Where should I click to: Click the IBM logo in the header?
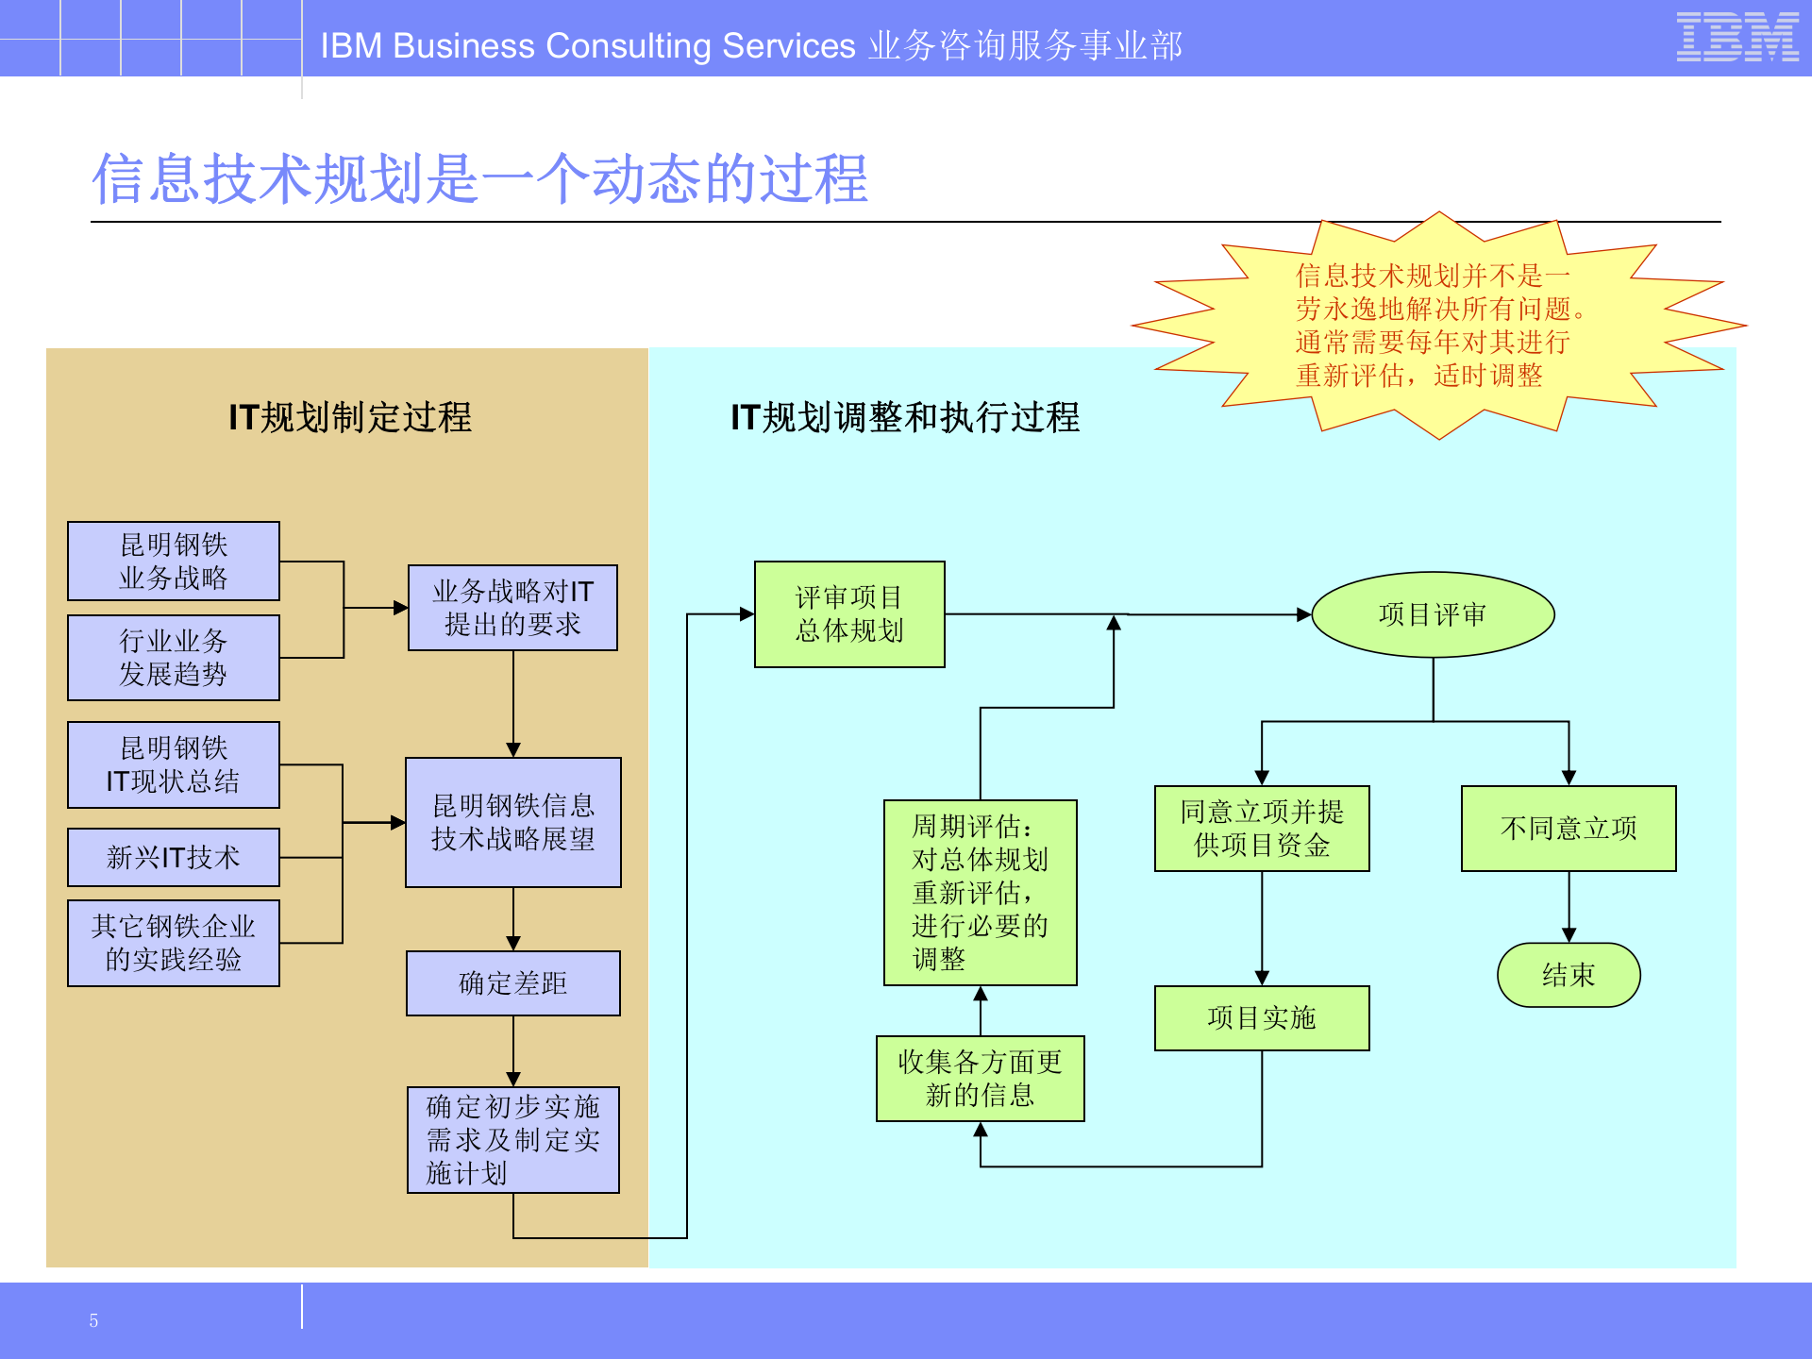tap(1736, 38)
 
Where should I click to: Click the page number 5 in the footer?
tap(93, 1320)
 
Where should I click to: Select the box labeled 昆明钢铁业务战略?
tap(174, 561)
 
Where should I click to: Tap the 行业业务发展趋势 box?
tap(174, 658)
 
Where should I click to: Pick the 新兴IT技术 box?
tap(174, 857)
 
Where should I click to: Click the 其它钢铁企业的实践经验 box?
tap(174, 943)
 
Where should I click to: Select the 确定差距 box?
tap(512, 983)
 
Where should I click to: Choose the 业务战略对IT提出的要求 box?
tap(512, 608)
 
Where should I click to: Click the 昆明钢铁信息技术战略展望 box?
tap(512, 822)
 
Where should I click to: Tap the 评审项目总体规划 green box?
tap(849, 614)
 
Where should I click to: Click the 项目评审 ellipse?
tap(1433, 614)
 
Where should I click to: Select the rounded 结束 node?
tap(1569, 975)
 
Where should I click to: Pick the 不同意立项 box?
tap(1569, 829)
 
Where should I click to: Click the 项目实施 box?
tap(1262, 1017)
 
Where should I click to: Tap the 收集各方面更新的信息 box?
tap(980, 1079)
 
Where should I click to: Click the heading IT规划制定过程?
tap(350, 417)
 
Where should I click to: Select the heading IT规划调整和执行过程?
tap(905, 417)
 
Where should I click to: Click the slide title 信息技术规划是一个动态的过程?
tap(479, 179)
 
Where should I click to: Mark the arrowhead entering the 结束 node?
tap(1569, 934)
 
